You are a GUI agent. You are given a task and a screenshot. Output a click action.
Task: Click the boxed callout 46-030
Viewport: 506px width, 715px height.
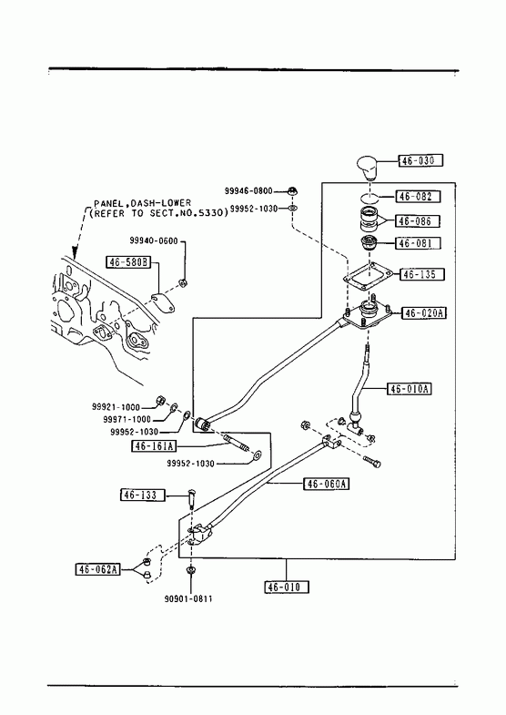point(420,160)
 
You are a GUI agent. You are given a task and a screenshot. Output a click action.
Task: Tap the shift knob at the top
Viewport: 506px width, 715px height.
point(368,168)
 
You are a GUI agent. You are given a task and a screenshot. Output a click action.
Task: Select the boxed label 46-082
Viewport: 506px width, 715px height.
point(418,197)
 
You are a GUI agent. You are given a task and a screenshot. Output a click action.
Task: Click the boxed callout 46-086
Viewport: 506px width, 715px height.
point(418,221)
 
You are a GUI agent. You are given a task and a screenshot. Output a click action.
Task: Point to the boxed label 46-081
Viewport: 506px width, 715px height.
point(419,243)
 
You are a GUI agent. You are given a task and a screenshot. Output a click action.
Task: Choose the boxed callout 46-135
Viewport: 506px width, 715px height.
point(422,274)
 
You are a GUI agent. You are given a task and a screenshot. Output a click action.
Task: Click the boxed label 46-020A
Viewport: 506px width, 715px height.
point(424,313)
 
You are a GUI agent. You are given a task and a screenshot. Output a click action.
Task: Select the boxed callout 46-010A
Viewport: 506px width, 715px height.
point(409,389)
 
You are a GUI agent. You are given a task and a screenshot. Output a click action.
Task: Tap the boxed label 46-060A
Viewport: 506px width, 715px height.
point(327,484)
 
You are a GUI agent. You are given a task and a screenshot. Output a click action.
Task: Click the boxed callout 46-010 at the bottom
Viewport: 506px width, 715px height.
point(287,587)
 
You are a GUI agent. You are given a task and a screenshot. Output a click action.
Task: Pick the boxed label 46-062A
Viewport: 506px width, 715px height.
point(98,569)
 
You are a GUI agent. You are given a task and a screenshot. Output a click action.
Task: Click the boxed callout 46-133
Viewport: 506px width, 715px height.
point(143,495)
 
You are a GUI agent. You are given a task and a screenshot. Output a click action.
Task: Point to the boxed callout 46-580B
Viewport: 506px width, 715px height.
point(129,262)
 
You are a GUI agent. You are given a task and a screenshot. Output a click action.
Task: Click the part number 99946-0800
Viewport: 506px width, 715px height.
point(248,191)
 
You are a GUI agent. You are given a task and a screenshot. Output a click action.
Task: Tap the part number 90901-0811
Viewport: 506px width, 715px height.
point(188,598)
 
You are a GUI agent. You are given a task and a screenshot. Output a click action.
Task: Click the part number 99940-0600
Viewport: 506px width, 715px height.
point(154,241)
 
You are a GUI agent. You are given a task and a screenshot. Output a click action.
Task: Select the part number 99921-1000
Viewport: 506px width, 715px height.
point(116,407)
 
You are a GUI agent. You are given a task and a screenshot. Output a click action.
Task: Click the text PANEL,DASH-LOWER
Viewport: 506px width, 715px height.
point(143,203)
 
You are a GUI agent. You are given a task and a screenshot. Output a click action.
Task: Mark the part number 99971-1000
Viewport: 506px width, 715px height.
point(126,419)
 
